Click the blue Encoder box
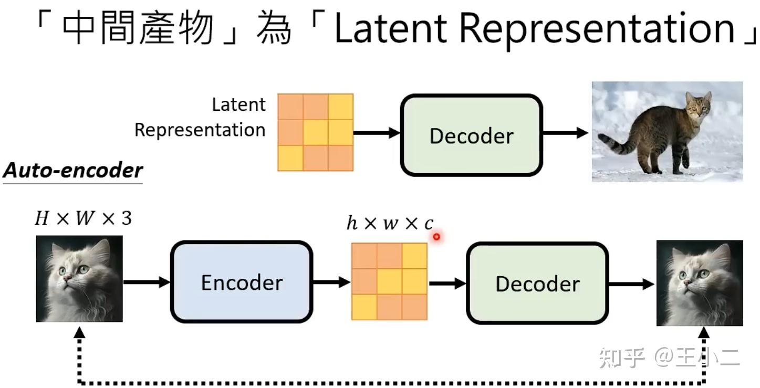[x=241, y=282]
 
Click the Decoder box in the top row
[x=471, y=135]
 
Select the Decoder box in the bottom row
[x=537, y=284]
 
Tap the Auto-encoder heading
[x=72, y=170]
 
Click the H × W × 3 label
[x=82, y=217]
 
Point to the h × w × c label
[x=390, y=223]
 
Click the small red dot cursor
[x=436, y=237]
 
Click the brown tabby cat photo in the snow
[x=667, y=131]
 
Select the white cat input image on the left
[x=79, y=278]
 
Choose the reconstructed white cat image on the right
[x=700, y=283]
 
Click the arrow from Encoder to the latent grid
[x=331, y=282]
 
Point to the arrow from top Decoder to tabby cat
[x=565, y=133]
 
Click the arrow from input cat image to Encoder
[x=147, y=282]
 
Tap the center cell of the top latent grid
[x=315, y=132]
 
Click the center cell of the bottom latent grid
[x=389, y=281]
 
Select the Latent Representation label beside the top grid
[x=200, y=117]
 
